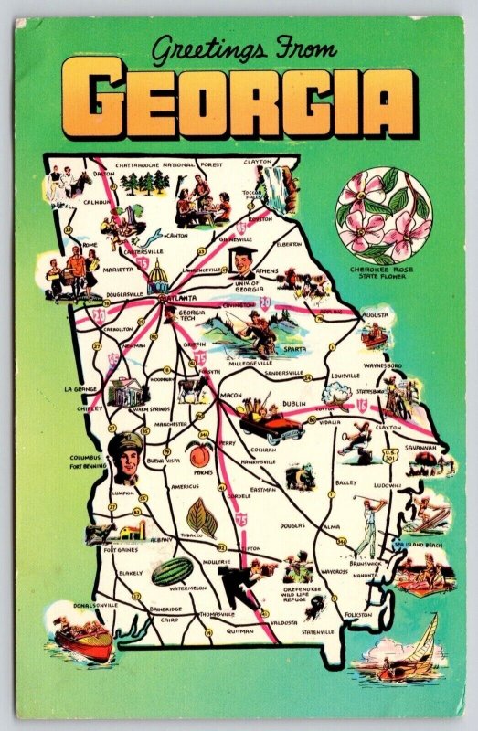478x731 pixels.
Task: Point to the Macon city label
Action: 231,396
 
